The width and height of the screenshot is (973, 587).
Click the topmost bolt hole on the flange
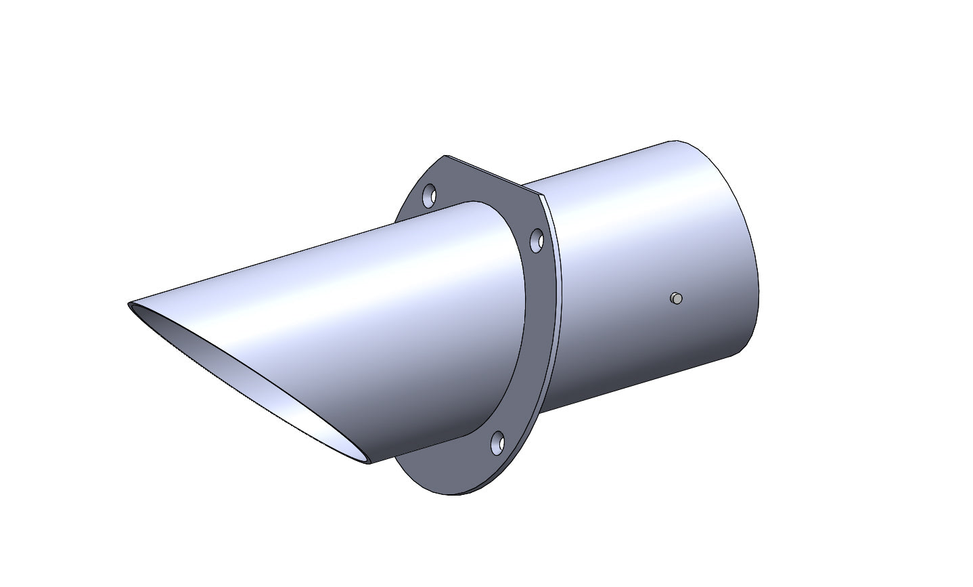pos(429,196)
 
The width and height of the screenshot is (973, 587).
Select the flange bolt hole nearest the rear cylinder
pos(537,240)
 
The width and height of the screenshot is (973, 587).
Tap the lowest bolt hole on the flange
pos(498,443)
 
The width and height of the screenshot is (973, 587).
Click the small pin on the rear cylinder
pos(675,298)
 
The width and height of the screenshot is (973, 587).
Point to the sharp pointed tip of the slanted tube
pos(129,305)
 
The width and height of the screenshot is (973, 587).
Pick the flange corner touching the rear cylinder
pos(543,197)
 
